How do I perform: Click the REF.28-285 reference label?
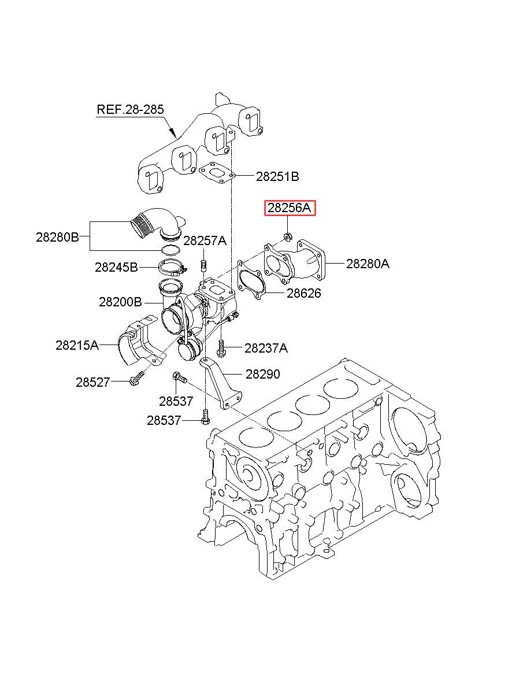click(x=130, y=109)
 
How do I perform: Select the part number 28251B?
click(x=277, y=176)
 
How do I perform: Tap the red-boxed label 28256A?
click(x=290, y=208)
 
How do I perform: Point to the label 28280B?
click(x=57, y=238)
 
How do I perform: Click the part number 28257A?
click(x=205, y=240)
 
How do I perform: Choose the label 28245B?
click(x=116, y=267)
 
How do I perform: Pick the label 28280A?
click(x=368, y=264)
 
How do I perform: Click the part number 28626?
click(x=303, y=293)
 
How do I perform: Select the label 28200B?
click(x=120, y=302)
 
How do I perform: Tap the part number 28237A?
click(x=266, y=348)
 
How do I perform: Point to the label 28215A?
click(x=77, y=345)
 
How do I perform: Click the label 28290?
click(x=263, y=374)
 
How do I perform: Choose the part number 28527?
click(x=93, y=382)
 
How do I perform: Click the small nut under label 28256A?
click(x=288, y=236)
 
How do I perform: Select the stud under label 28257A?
click(x=203, y=266)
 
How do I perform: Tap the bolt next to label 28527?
click(x=136, y=377)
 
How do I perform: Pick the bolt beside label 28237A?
click(x=221, y=348)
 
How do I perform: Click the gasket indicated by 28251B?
click(x=217, y=172)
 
